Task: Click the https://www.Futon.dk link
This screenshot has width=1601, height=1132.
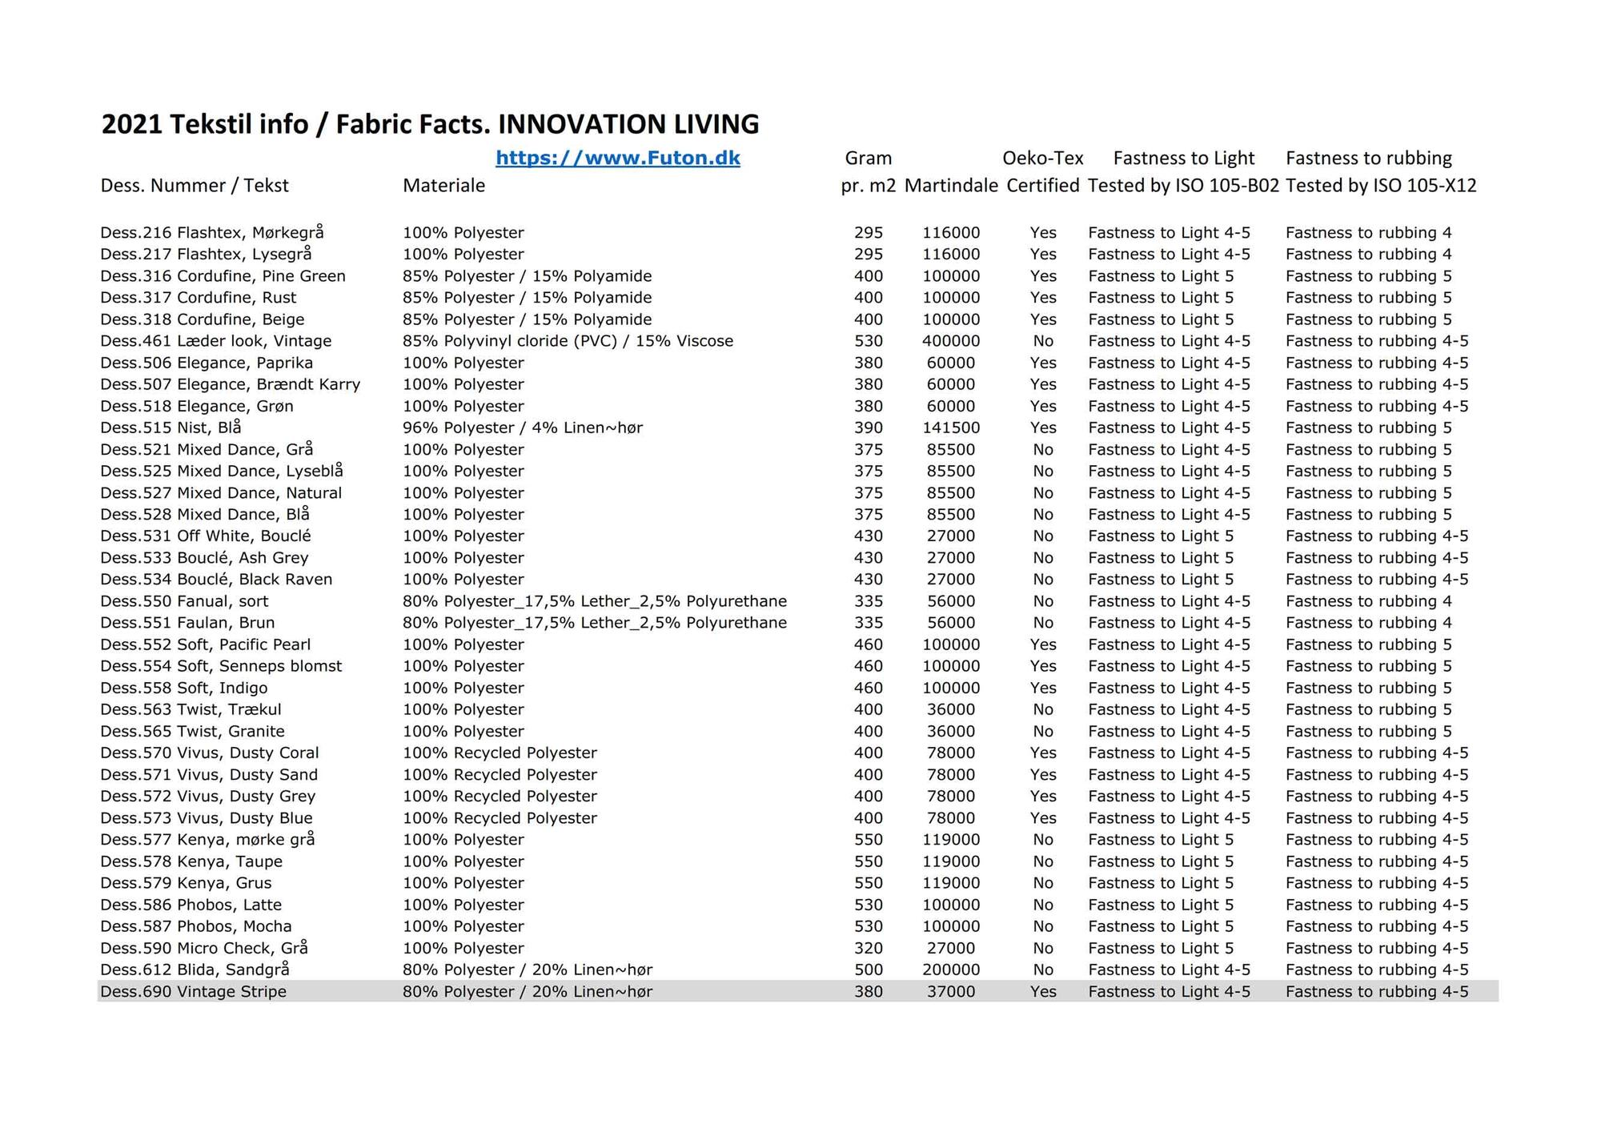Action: pos(617,158)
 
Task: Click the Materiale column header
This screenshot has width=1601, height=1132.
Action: pos(443,186)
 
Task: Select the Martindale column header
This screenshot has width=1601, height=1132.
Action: pos(951,186)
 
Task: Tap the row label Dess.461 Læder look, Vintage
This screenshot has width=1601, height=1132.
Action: pos(215,341)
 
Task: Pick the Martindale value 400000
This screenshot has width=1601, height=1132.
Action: pos(950,341)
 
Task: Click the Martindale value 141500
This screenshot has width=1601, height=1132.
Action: pos(950,428)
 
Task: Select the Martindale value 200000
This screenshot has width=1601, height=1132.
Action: pos(950,969)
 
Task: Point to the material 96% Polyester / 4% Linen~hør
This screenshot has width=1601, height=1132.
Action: pos(522,428)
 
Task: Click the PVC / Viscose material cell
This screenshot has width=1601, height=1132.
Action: pos(568,341)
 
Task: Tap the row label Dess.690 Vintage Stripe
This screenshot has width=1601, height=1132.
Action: pos(193,991)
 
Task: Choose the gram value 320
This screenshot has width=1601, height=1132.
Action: pos(868,948)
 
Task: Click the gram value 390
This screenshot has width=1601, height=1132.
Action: pos(868,428)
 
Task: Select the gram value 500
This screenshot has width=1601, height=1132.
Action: pos(868,969)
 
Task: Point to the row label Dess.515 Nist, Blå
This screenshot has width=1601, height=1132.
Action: pos(171,428)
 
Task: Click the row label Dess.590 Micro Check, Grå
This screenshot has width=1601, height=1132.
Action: pos(203,948)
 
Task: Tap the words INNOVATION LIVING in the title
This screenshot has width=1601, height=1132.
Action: pos(628,124)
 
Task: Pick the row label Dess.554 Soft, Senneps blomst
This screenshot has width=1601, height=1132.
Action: pos(221,666)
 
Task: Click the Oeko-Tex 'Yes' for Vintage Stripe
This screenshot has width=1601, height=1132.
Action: pos(1043,991)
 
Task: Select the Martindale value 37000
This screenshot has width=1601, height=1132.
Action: pos(950,991)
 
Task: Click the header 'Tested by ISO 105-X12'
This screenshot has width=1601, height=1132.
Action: pos(1381,186)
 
